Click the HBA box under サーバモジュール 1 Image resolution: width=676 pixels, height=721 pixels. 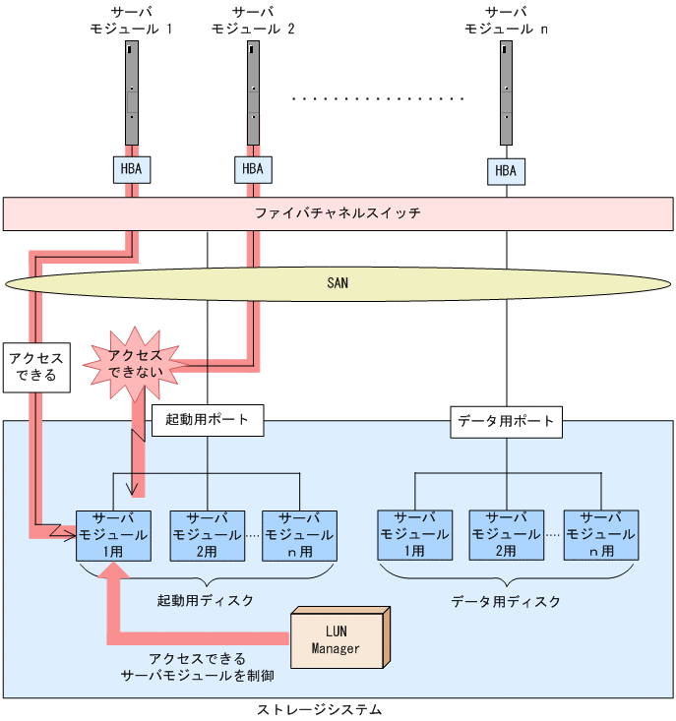click(132, 169)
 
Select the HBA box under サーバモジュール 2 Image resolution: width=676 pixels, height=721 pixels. click(253, 169)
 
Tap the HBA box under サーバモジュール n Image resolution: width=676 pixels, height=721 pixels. click(506, 171)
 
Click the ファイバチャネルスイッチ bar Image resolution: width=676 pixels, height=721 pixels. click(338, 213)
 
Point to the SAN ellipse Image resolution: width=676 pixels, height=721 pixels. click(338, 283)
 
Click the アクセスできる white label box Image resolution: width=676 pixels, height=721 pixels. click(36, 368)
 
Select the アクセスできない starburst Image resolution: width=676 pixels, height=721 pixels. click(135, 363)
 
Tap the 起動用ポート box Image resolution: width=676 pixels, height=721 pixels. click(208, 420)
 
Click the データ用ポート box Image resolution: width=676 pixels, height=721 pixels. click(506, 422)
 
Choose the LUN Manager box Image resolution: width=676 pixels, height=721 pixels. click(340, 638)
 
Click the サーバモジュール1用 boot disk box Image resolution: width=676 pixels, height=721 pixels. click(113, 536)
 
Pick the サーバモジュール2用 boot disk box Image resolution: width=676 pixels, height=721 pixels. click(208, 536)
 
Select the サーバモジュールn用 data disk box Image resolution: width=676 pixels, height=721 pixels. click(601, 535)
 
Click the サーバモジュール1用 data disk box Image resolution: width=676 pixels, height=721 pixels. click(415, 535)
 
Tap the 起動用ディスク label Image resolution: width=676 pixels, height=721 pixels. click(205, 600)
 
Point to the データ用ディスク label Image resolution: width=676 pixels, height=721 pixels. click(506, 601)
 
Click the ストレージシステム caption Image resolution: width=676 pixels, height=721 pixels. click(319, 709)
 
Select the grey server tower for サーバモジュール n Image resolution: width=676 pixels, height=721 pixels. click(506, 92)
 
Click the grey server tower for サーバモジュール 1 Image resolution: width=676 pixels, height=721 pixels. click(132, 92)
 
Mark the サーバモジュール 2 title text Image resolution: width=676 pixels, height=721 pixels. click(253, 21)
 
